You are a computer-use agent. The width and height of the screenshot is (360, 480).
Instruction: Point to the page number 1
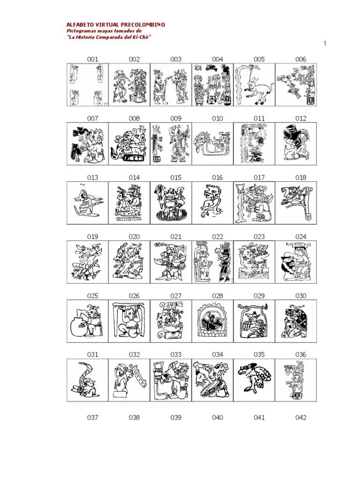tap(325, 44)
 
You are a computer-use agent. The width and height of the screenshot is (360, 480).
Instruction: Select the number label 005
tap(259, 60)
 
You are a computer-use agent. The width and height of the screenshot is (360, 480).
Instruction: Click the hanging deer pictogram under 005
tap(254, 85)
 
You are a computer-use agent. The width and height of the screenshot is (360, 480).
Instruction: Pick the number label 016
tap(217, 178)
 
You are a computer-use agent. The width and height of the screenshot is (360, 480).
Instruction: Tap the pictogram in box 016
tap(212, 201)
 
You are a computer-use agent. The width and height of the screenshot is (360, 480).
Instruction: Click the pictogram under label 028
tap(212, 321)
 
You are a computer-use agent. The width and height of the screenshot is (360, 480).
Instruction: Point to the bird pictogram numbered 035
tap(255, 378)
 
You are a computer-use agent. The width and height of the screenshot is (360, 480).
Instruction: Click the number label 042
tap(300, 418)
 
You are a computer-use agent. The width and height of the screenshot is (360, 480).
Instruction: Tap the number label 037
tap(92, 418)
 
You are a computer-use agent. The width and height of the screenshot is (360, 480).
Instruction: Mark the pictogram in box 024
tap(296, 262)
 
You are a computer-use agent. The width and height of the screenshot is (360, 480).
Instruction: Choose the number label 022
tap(217, 237)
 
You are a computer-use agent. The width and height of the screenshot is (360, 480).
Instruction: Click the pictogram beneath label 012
tap(296, 143)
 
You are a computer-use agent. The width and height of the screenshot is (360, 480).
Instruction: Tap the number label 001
tap(92, 60)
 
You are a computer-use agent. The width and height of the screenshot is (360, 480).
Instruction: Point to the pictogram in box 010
tap(213, 142)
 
